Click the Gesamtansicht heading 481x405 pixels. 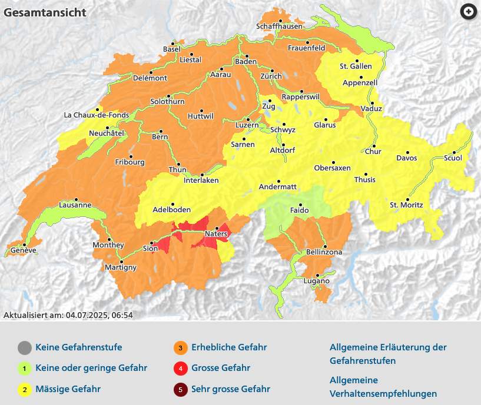45,12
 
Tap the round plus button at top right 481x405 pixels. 468,12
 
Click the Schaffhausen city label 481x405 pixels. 280,27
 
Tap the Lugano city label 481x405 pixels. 317,282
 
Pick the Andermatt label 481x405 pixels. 278,188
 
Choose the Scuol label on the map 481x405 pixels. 453,158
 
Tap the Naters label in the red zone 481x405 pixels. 216,235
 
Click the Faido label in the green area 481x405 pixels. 300,210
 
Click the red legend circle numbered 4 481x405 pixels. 180,369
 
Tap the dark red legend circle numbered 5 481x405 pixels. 180,389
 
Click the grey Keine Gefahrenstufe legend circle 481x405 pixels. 24,348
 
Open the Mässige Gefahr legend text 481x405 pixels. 68,389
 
